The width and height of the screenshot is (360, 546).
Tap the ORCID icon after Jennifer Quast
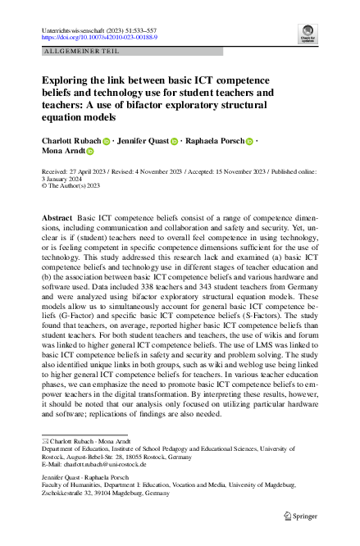tap(174, 141)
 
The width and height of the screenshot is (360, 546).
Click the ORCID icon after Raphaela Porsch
tap(250, 141)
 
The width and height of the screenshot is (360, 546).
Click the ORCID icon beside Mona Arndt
tap(90, 152)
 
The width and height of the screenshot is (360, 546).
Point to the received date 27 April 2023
tap(89, 172)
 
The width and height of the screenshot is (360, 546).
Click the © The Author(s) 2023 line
tap(73, 185)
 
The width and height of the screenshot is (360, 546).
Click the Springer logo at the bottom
tap(298, 515)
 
